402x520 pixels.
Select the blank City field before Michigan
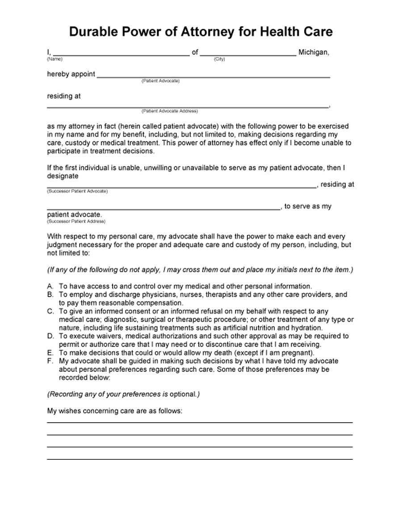click(248, 53)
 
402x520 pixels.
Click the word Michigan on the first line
click(314, 52)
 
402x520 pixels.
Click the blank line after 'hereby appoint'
click(214, 75)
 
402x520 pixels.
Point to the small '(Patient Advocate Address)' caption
click(169, 111)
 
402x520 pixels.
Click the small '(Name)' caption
click(54, 59)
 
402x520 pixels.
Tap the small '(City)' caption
click(219, 59)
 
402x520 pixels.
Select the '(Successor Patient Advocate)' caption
click(77, 191)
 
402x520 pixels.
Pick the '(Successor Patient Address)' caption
click(76, 221)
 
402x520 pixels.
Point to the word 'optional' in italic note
click(183, 394)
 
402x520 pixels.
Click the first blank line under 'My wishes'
click(200, 422)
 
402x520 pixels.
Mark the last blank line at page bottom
click(200, 459)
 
